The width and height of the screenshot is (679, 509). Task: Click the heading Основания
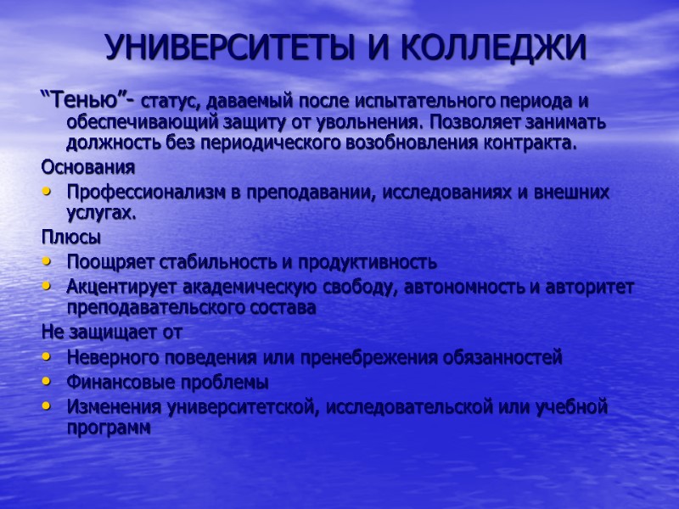click(x=87, y=165)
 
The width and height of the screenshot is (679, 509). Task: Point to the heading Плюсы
click(x=70, y=235)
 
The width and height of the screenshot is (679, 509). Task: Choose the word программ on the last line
click(x=108, y=428)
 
